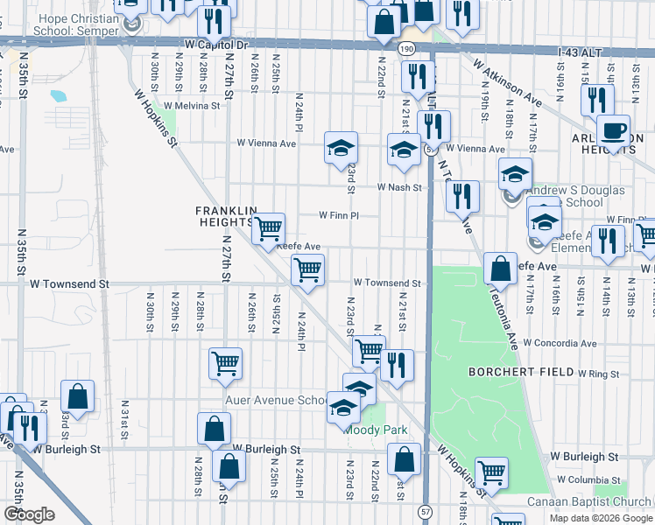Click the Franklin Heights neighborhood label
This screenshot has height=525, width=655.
[226, 216]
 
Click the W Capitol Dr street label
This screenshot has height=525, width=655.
[217, 43]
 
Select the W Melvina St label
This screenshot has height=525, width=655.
[191, 106]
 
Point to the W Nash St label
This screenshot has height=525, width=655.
[399, 187]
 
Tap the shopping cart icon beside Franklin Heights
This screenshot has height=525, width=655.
[268, 229]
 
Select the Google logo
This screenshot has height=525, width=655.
[28, 514]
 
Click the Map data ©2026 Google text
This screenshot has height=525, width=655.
[601, 517]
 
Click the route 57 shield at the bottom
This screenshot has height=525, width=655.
[426, 509]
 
